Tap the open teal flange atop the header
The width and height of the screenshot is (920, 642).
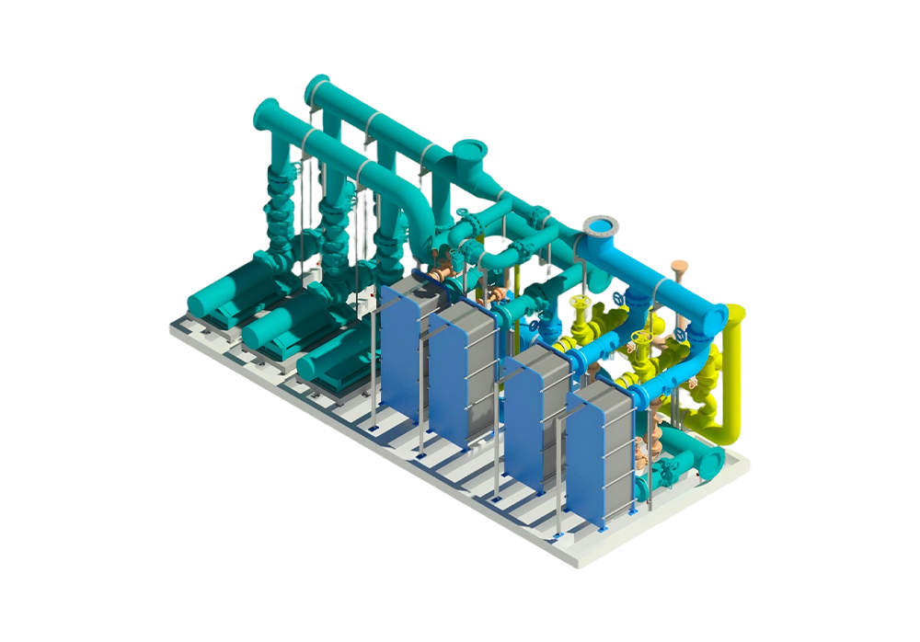[469, 151]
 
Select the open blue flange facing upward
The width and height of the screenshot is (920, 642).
[602, 224]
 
